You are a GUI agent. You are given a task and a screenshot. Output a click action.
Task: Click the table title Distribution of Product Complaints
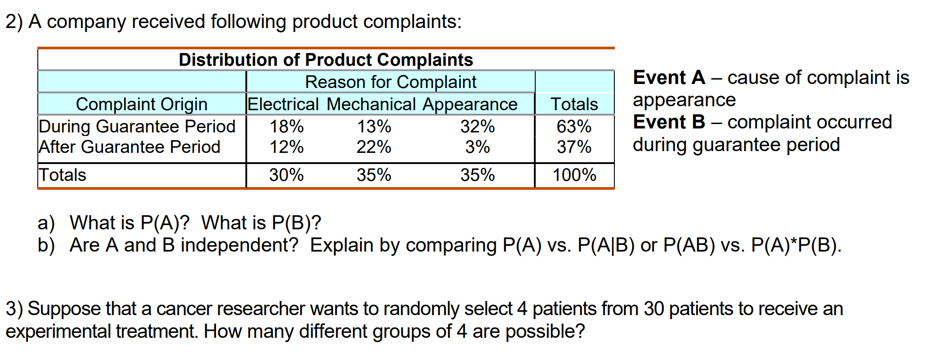[326, 60]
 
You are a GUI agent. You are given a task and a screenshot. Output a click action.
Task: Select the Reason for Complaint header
[390, 82]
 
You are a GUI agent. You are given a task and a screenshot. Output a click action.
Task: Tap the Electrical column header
[283, 104]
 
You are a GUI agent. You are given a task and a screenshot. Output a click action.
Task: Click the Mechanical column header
[371, 104]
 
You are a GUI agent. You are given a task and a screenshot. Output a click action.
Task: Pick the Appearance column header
[470, 104]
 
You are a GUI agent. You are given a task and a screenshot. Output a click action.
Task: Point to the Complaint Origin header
[141, 104]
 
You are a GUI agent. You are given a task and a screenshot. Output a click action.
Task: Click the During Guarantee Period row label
[137, 127]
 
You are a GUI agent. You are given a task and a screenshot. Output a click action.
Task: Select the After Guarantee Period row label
[129, 147]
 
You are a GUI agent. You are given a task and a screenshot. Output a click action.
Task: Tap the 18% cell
[287, 127]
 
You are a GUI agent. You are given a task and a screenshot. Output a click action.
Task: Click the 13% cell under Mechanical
[374, 127]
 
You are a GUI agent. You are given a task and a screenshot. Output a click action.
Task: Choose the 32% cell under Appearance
[477, 127]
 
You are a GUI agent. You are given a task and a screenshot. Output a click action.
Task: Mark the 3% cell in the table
[477, 147]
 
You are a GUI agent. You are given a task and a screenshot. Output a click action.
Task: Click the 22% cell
[374, 147]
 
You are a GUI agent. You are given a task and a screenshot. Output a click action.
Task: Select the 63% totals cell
[574, 127]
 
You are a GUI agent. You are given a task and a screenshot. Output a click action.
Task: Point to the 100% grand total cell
[574, 175]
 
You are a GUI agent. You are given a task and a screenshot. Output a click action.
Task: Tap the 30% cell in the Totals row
[286, 175]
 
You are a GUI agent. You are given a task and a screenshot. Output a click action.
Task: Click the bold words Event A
[669, 78]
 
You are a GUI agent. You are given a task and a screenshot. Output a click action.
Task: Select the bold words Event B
[669, 122]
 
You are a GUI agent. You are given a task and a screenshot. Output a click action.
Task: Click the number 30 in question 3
[653, 309]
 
